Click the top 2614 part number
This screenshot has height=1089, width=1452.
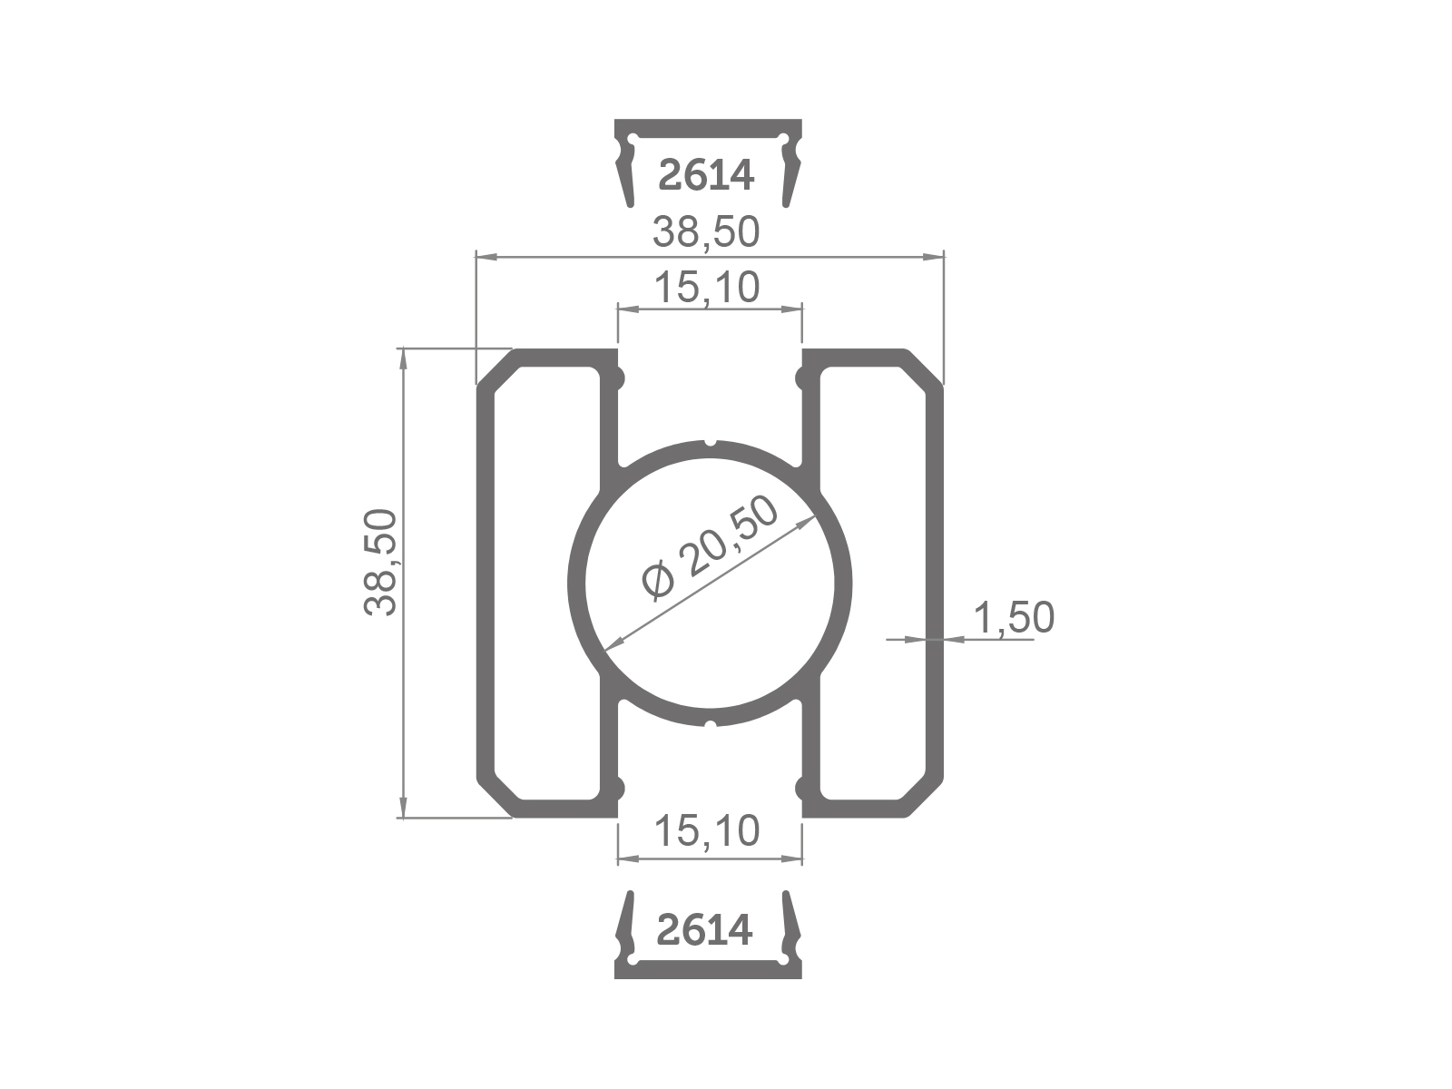(x=706, y=176)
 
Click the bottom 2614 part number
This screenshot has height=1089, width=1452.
(x=704, y=930)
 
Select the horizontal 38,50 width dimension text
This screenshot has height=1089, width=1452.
(x=706, y=233)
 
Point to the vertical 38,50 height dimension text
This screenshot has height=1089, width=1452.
(x=381, y=563)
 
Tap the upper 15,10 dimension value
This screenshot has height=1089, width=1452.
(x=706, y=288)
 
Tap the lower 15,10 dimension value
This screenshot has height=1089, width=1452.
(x=706, y=830)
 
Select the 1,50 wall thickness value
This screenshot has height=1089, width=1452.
(x=1014, y=618)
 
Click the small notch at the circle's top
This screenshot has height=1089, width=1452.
(x=711, y=444)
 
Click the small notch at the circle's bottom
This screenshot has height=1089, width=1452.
(x=711, y=724)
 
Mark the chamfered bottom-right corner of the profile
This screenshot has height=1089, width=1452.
(x=924, y=799)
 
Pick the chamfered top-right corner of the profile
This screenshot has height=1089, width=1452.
(x=924, y=368)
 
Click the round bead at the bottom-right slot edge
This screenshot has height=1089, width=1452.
(x=801, y=787)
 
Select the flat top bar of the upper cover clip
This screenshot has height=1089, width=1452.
(x=708, y=126)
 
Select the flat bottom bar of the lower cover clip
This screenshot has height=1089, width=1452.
(x=708, y=970)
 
